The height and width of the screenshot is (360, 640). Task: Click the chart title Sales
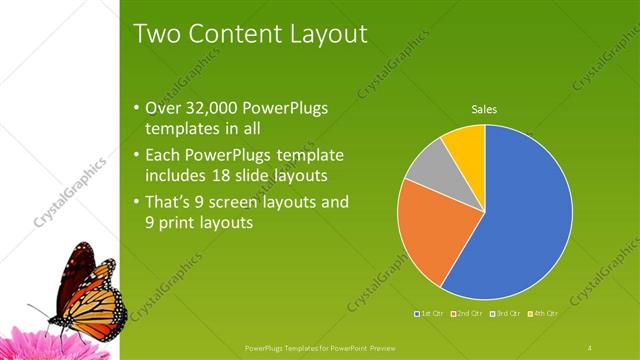(x=484, y=110)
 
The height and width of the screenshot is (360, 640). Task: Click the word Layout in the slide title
(x=320, y=34)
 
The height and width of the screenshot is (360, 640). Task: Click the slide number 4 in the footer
(x=590, y=347)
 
